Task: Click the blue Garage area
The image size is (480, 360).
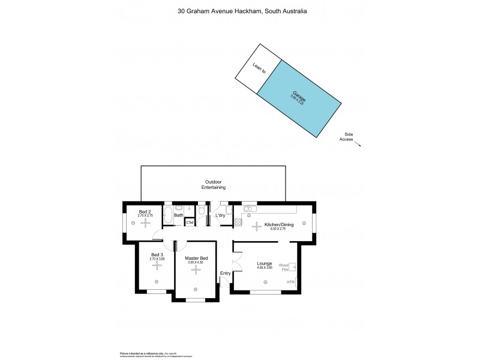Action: [x=299, y=100]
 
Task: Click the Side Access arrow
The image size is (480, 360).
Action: [x=357, y=143]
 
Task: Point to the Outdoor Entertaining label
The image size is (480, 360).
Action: [x=213, y=185]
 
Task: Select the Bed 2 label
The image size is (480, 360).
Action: [x=145, y=211]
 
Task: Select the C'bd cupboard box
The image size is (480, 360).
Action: [x=190, y=223]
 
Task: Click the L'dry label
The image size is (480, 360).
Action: [x=220, y=215]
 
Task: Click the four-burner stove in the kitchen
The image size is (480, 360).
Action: [x=238, y=222]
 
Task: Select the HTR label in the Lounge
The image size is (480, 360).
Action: [x=290, y=282]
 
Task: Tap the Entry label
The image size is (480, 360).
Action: [x=226, y=274]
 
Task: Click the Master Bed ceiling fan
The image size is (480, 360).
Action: [x=196, y=270]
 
